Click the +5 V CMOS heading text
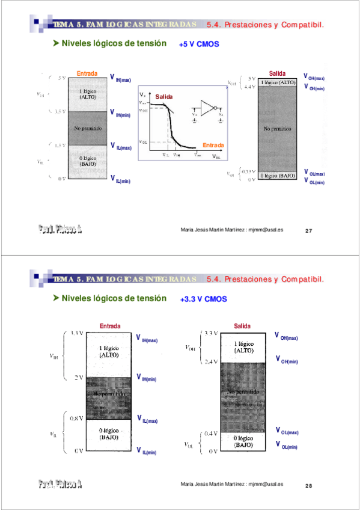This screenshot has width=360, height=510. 199,45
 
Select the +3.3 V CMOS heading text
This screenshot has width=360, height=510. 203,298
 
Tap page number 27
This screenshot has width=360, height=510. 309,230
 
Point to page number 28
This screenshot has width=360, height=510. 309,485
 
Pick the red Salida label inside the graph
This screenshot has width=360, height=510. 164,97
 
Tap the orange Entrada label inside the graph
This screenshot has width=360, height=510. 213,146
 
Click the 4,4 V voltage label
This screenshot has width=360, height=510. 249,87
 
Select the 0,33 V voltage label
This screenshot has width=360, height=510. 248,172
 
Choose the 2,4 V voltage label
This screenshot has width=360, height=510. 210,361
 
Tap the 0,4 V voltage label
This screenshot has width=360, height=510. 210,433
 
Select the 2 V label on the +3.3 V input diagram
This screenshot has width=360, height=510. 78,377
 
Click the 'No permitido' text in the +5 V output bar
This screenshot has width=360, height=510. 276,129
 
